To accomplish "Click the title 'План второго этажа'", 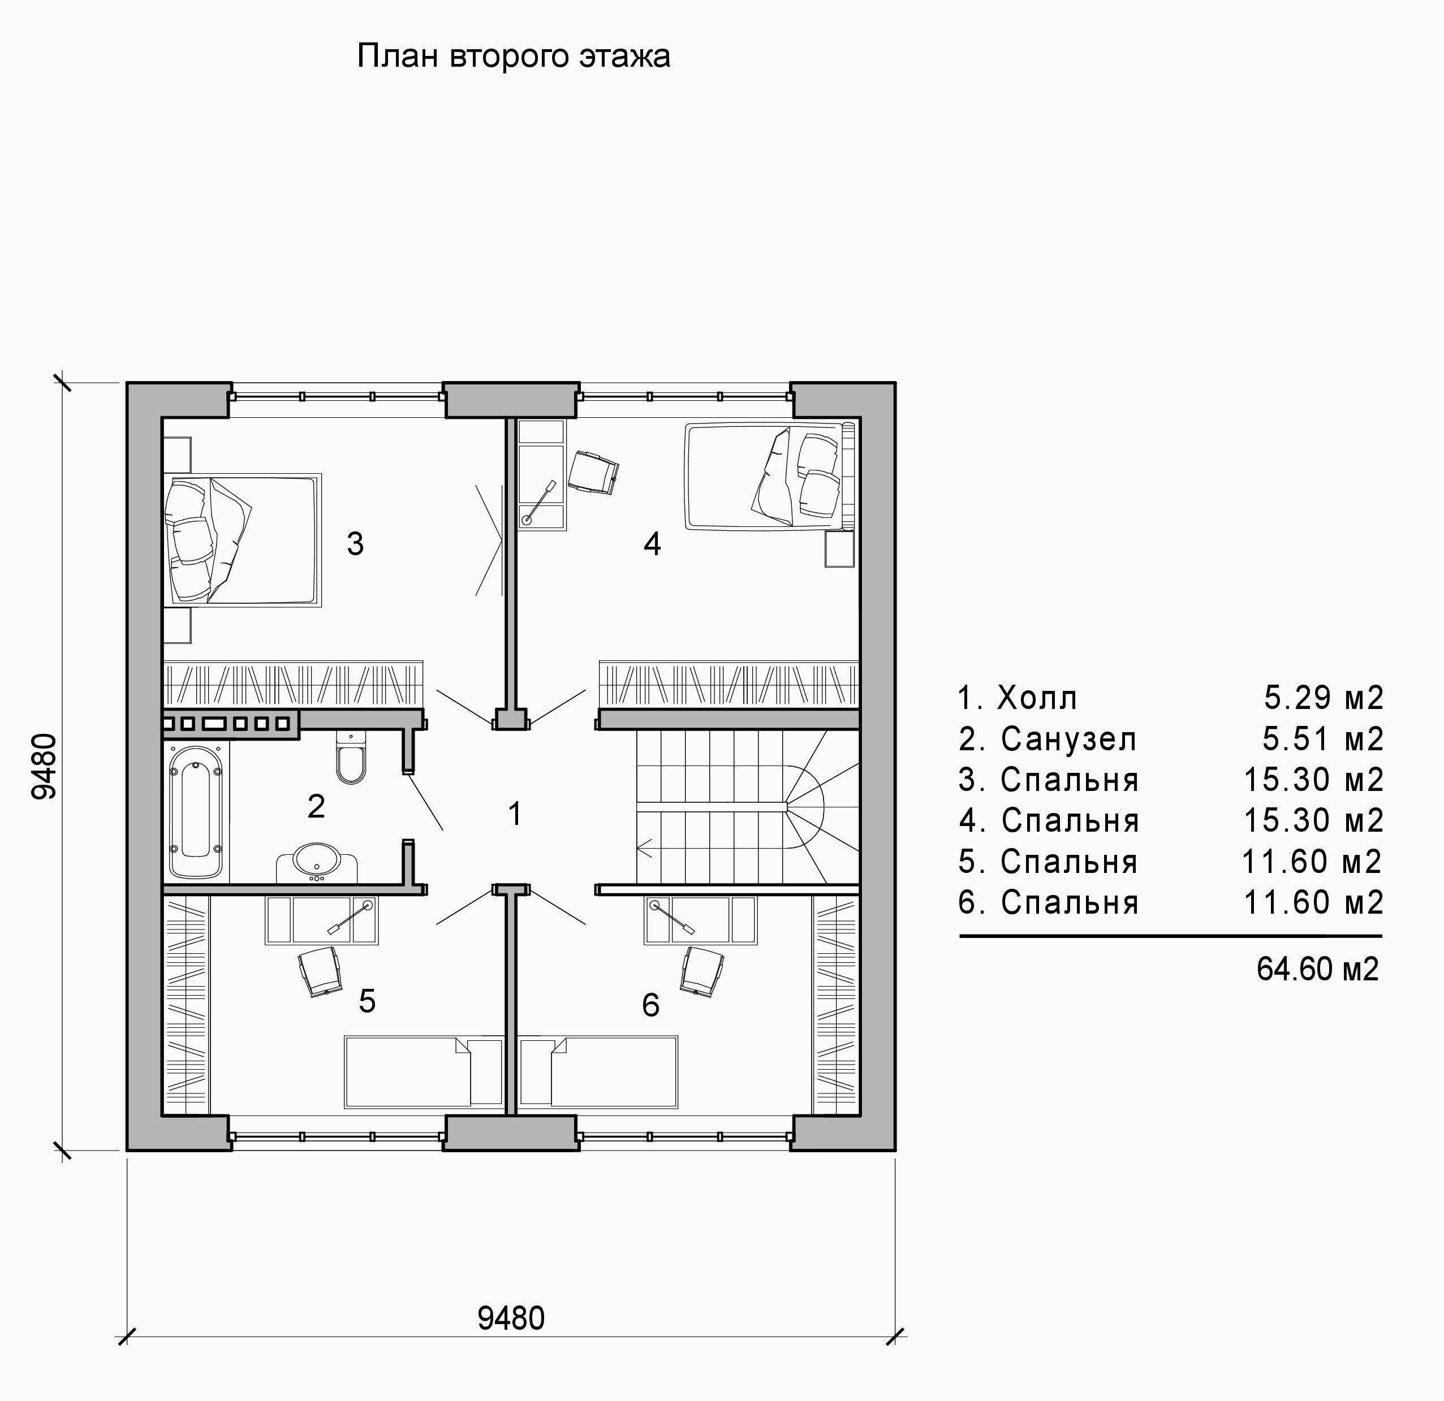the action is (x=514, y=57).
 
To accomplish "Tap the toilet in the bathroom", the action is (x=351, y=756).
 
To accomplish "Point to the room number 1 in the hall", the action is (x=515, y=814).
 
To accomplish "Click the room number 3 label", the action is (x=355, y=543).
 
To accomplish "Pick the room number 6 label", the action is (x=650, y=1005).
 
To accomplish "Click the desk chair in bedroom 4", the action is (x=593, y=472).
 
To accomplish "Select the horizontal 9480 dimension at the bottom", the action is (x=511, y=1318).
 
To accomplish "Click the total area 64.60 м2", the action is (x=1317, y=968).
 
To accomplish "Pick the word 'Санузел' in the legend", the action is (x=1068, y=739).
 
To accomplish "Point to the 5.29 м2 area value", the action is (x=1324, y=698).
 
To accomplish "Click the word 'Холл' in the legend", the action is (x=1037, y=698).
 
